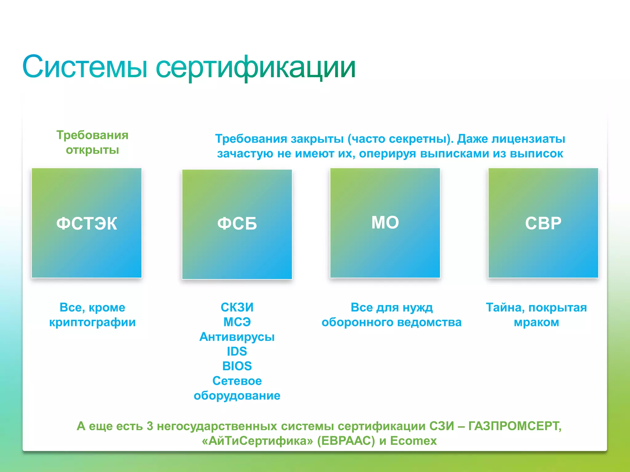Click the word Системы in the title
point(85,67)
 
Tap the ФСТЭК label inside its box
point(87,223)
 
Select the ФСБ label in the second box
point(237,223)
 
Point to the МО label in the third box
point(385,222)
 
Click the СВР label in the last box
point(543,223)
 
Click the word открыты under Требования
point(92,150)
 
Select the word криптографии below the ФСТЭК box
point(92,322)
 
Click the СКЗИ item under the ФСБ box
point(237,307)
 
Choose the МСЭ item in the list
point(237,322)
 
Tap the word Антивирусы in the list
point(237,337)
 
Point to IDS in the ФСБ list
point(237,351)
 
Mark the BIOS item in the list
point(237,366)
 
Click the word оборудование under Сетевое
point(237,395)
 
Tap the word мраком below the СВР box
point(536,322)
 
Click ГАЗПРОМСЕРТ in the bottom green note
point(514,426)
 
